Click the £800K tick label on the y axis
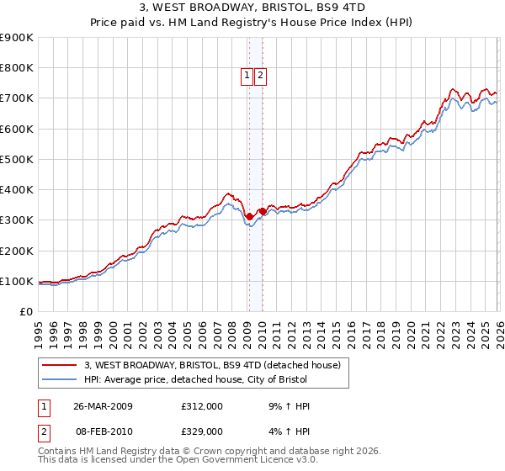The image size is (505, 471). (17, 68)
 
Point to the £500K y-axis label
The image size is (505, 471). (17, 159)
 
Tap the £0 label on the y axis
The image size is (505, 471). (26, 312)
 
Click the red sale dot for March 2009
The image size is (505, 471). (249, 216)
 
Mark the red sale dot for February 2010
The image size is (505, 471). (262, 211)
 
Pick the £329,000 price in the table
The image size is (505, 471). (202, 431)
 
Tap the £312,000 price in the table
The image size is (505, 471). (202, 406)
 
